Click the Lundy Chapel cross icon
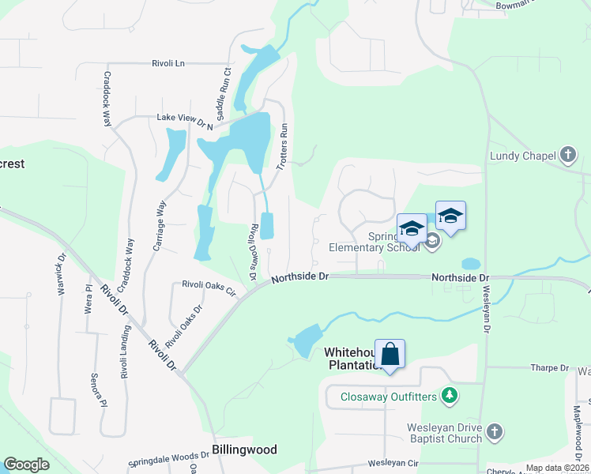click(x=568, y=156)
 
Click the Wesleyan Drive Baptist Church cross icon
click(x=494, y=431)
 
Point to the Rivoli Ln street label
click(x=168, y=63)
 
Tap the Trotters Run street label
click(x=283, y=147)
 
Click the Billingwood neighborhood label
click(x=245, y=450)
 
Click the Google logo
click(x=26, y=465)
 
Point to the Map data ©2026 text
click(x=556, y=468)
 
